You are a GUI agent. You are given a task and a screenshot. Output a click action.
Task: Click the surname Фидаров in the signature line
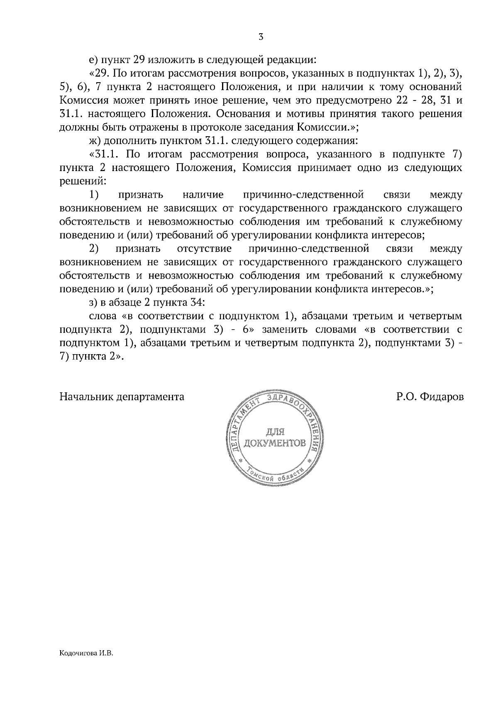coord(442,397)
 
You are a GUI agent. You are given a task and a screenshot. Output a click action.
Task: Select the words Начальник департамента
coord(122,397)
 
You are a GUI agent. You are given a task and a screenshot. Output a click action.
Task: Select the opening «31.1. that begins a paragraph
coord(103,155)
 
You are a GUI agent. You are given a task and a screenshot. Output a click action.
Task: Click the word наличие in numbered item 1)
coord(203,195)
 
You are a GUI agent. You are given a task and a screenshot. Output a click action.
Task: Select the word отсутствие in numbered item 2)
coord(204,249)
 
